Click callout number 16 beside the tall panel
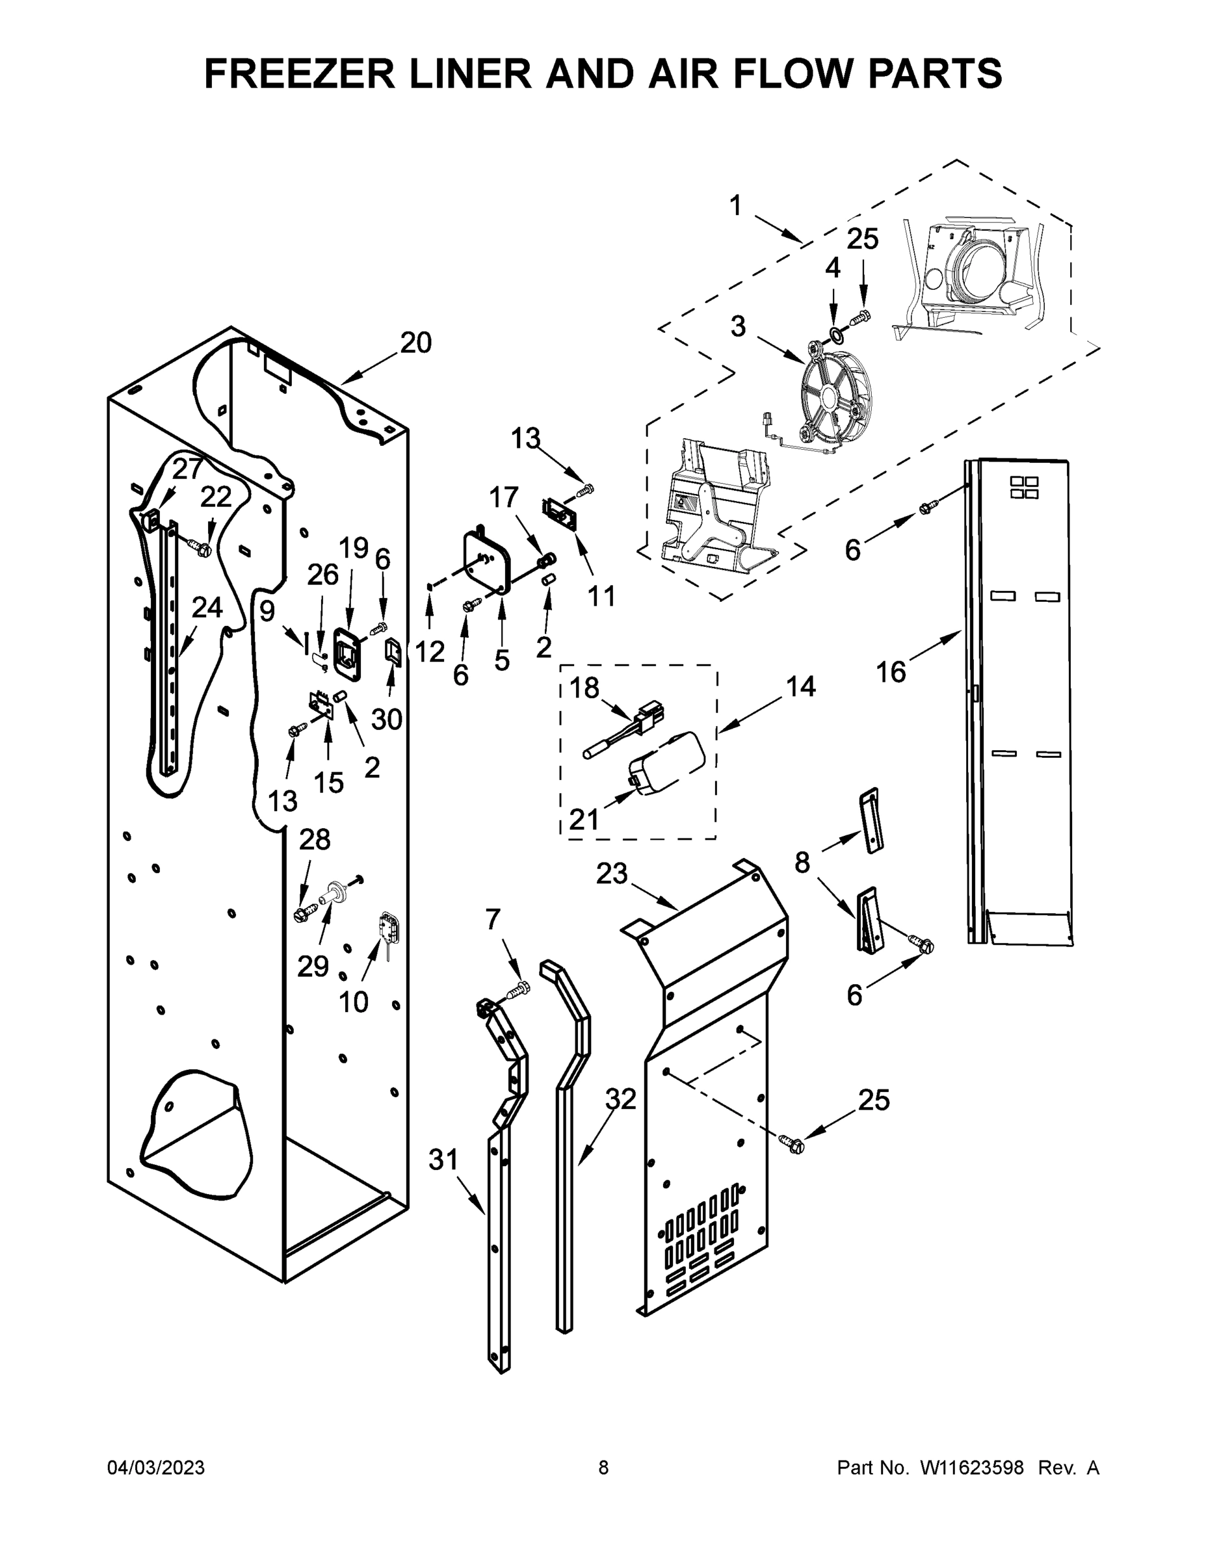tap(891, 672)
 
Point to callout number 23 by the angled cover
tap(612, 873)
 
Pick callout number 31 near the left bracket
tap(443, 1160)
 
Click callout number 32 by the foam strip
tap(620, 1099)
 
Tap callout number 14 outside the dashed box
tap(801, 686)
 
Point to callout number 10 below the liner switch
tap(353, 1003)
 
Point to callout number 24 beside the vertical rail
tap(207, 608)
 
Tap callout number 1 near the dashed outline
tap(736, 205)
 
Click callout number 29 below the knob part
tap(313, 967)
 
